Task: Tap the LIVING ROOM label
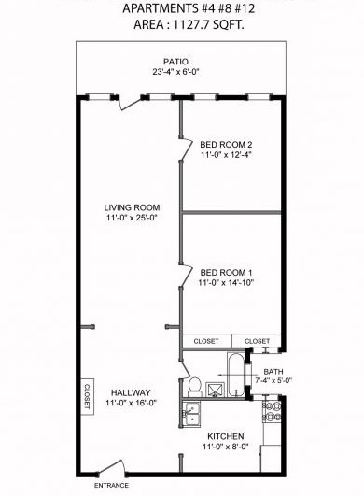point(132,207)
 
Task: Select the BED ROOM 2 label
point(227,144)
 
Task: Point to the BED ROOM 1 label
point(227,271)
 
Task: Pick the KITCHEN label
point(226,437)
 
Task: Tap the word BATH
point(273,371)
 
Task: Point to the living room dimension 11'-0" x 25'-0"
point(132,219)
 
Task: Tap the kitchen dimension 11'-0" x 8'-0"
point(226,448)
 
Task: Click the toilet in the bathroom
point(195,384)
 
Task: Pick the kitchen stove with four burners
point(274,407)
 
